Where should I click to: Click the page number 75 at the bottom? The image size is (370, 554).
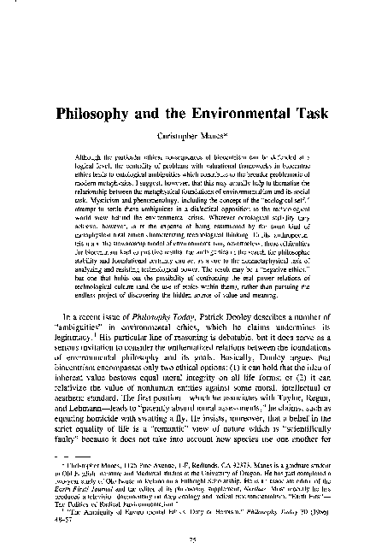pos(185,539)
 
